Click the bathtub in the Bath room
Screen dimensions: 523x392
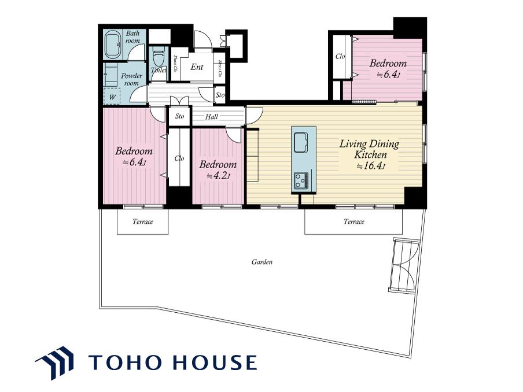point(113,45)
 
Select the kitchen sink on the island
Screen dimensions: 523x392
point(301,142)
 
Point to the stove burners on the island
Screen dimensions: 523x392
point(301,180)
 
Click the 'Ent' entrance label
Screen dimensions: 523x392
point(197,67)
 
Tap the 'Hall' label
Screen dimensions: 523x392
point(212,117)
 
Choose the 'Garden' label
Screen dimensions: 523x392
point(262,262)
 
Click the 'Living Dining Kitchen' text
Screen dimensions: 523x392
point(370,149)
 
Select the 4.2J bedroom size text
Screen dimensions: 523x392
point(218,176)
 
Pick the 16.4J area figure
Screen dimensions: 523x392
point(371,166)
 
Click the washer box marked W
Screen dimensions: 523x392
point(112,97)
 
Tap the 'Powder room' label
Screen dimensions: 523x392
point(131,79)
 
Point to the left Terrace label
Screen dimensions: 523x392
point(143,221)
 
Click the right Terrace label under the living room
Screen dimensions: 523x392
point(354,221)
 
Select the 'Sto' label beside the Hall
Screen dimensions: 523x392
point(179,116)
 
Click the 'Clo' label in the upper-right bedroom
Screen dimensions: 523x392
point(340,57)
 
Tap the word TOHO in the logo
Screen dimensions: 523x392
point(128,363)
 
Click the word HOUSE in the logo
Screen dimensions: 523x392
point(215,363)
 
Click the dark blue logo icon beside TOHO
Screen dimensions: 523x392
point(55,363)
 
